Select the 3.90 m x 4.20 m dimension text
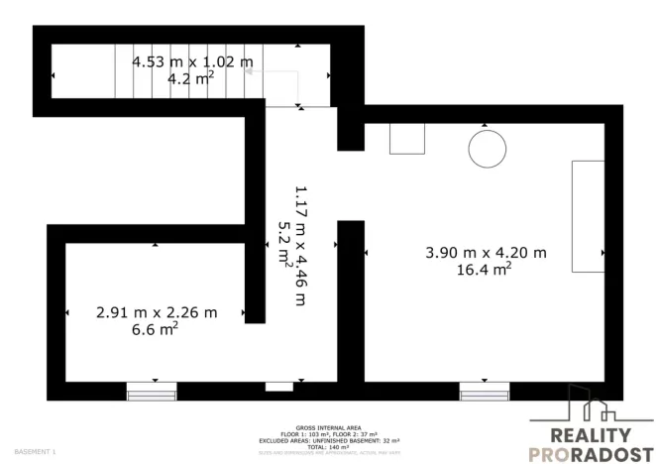click(486, 252)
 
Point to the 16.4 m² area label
click(484, 269)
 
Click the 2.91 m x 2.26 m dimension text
click(157, 312)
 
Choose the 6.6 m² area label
click(155, 329)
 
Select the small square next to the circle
click(407, 139)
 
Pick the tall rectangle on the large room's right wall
click(588, 215)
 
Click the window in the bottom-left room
click(153, 392)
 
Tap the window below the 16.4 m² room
click(486, 392)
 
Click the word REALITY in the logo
click(590, 434)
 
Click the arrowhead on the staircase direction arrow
click(249, 71)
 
